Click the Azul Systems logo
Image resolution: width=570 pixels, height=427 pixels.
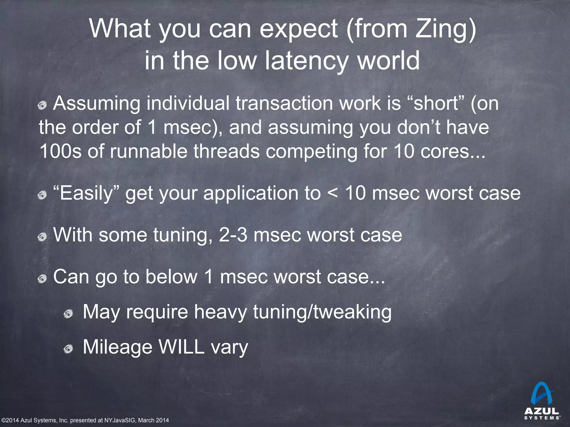point(542,404)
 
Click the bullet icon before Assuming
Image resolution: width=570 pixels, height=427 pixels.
point(42,106)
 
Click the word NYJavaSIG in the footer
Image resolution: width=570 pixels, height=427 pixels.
point(120,420)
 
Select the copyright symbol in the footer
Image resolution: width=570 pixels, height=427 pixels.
point(3,420)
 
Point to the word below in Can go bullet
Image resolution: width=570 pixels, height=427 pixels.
point(171,277)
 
